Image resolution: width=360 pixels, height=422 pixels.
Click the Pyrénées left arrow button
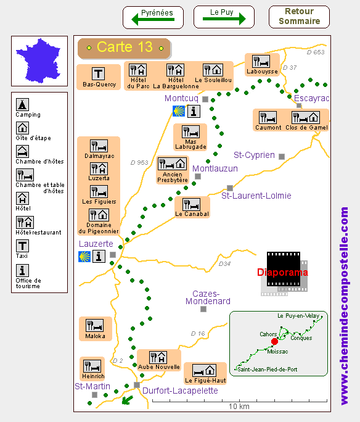point(153,17)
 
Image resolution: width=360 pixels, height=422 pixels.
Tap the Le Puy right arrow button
point(224,17)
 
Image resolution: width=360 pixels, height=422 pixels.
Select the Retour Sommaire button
point(299,17)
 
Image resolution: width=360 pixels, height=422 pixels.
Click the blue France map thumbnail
point(38,60)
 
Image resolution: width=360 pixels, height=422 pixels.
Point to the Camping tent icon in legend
point(22,104)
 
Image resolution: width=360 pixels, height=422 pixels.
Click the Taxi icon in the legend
point(22,246)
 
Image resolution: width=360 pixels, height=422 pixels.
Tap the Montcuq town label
point(181,98)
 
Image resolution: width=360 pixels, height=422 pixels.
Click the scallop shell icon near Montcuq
point(179,111)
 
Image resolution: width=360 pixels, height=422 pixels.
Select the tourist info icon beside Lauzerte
point(99,256)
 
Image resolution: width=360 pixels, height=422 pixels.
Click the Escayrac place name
point(311,98)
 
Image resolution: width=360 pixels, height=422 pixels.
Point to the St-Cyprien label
point(254,155)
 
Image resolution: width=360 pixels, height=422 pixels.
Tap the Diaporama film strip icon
point(284,273)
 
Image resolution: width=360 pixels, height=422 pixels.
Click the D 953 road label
point(139,162)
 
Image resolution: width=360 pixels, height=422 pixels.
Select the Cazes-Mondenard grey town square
point(203,309)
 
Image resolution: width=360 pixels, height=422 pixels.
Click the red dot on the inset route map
point(274,342)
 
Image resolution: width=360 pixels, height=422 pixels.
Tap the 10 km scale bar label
point(239,406)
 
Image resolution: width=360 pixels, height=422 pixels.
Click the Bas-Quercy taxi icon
point(99,73)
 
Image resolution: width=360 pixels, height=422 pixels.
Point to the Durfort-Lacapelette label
point(180,391)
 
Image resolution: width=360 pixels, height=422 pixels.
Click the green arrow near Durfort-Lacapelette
point(127,400)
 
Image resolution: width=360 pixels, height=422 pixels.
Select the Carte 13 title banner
point(124,48)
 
